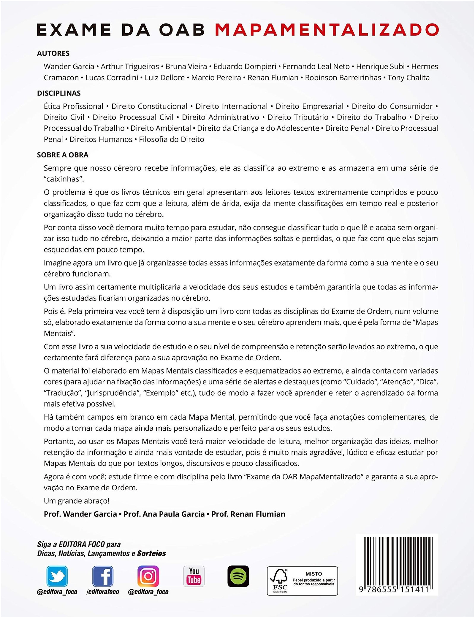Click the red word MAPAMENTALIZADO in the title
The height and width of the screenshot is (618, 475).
(327, 30)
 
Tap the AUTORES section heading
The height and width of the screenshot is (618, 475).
(53, 53)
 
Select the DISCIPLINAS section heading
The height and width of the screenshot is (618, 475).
(59, 93)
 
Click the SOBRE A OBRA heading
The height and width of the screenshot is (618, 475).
(63, 155)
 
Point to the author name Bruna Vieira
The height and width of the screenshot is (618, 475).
(186, 67)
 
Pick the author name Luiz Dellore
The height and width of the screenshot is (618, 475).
(164, 78)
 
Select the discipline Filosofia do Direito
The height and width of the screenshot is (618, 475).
(172, 139)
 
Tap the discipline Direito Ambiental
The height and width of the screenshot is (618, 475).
(161, 128)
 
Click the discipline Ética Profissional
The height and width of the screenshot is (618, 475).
(73, 106)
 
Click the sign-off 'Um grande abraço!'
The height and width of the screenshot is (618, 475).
(77, 501)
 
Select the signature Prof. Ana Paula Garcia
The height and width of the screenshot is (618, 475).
(164, 514)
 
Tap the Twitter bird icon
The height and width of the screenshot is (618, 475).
(57, 576)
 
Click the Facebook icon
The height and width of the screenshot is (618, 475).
(103, 576)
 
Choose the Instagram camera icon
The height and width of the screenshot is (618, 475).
(148, 576)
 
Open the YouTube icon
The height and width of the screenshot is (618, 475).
(194, 576)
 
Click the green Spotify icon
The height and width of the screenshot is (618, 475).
(238, 576)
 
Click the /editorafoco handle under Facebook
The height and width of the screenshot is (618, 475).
(103, 592)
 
